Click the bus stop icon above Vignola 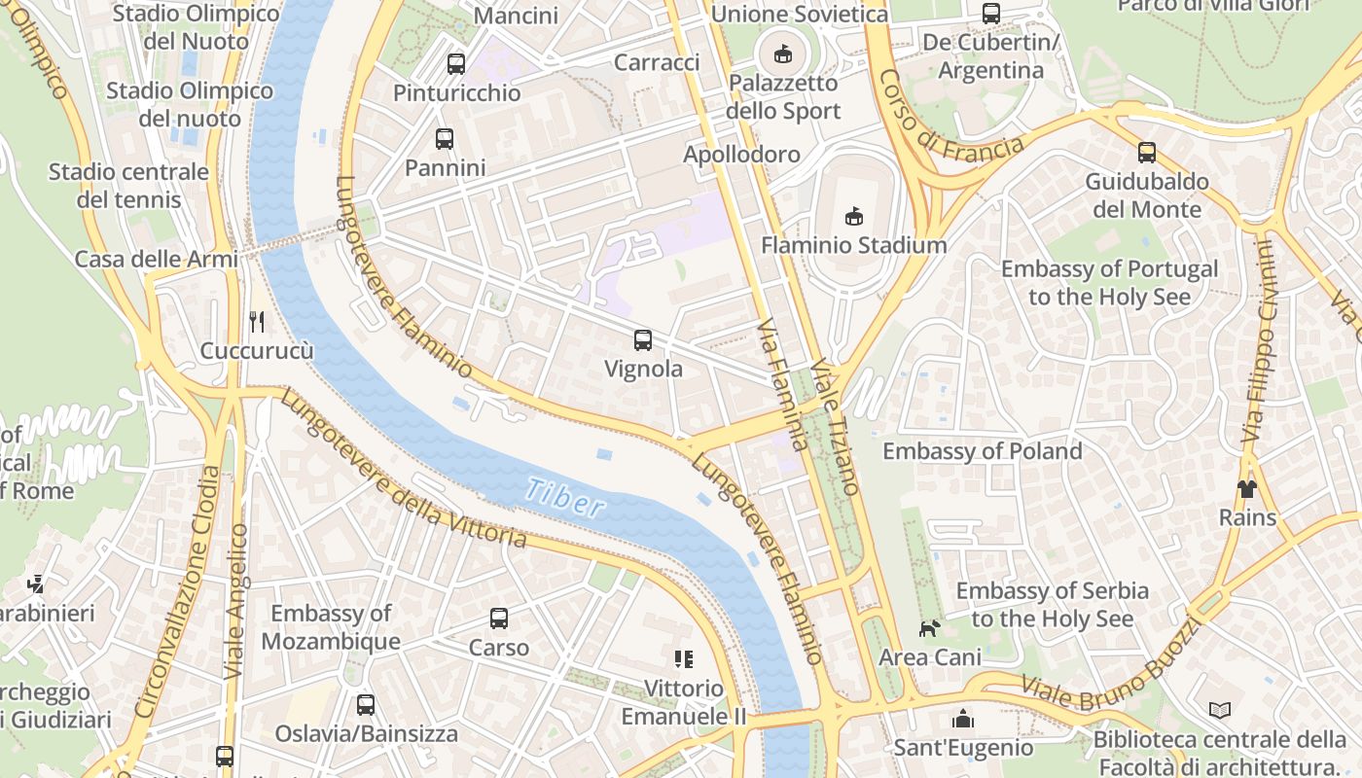(x=642, y=339)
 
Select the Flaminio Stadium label (x=853, y=245)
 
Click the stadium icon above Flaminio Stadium (x=854, y=215)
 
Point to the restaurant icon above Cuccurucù (x=257, y=321)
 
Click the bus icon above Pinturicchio (x=455, y=64)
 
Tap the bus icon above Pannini (x=445, y=138)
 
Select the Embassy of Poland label (x=982, y=451)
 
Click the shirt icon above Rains (x=1247, y=488)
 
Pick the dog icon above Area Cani (x=930, y=628)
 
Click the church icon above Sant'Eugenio (x=963, y=719)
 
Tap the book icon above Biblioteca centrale (x=1220, y=710)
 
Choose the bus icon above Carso (x=499, y=618)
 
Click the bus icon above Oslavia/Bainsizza (x=366, y=704)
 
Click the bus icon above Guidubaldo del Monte (x=1147, y=152)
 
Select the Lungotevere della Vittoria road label (x=404, y=469)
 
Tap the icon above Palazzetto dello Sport (x=783, y=53)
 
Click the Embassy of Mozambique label (x=331, y=627)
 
